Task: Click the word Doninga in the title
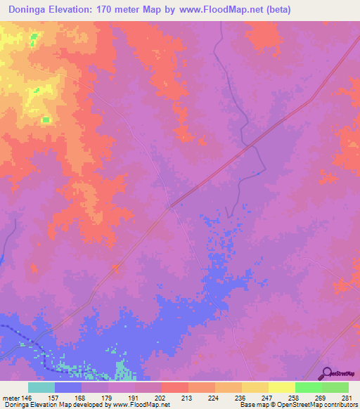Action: coord(31,10)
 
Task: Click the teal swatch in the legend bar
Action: coord(41,387)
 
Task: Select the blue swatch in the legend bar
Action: coord(68,387)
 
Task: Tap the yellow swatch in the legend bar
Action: coord(282,387)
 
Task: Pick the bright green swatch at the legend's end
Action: coord(335,387)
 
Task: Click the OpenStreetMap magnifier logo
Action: coord(326,373)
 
